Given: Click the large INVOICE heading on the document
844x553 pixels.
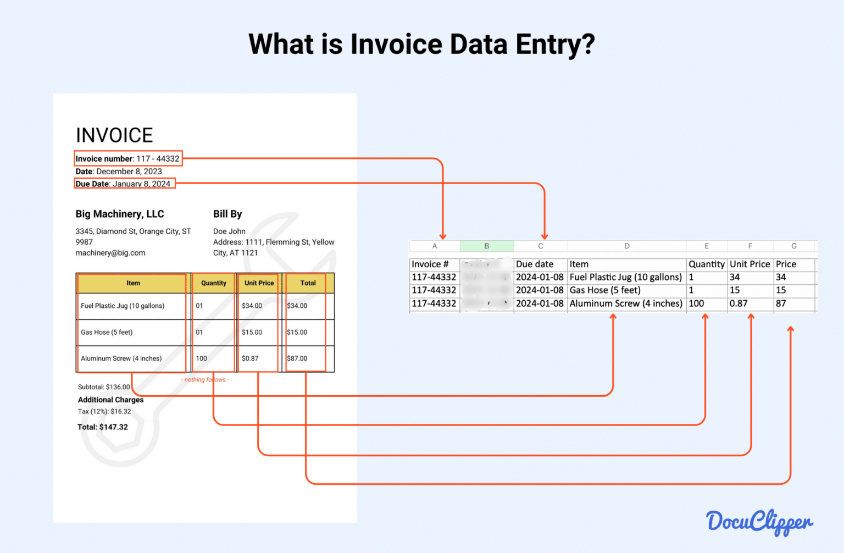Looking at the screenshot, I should (114, 135).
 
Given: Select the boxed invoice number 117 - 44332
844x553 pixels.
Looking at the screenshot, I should (127, 159).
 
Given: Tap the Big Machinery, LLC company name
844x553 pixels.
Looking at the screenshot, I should (120, 214).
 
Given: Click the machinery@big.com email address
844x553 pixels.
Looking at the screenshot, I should (110, 253).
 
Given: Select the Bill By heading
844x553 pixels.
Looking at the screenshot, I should (227, 214).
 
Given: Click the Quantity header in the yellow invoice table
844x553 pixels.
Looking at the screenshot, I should (213, 283).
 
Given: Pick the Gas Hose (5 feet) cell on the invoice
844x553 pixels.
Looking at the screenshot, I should (107, 332).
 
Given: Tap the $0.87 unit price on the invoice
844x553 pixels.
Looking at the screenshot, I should (250, 358).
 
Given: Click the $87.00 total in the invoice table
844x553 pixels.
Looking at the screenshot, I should (297, 358).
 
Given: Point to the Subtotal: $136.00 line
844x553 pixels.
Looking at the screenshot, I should (104, 387).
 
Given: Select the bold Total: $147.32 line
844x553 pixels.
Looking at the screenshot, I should (103, 427).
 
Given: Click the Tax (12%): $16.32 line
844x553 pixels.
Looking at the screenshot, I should (104, 411).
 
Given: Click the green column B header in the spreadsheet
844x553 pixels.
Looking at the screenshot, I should (486, 246).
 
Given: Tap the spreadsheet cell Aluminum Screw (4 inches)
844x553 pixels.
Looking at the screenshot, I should (626, 303).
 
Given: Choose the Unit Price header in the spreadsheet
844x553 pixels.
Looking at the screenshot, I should (749, 264).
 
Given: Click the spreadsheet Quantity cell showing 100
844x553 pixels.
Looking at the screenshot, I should (696, 303).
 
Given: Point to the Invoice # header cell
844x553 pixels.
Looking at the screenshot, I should (430, 264).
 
